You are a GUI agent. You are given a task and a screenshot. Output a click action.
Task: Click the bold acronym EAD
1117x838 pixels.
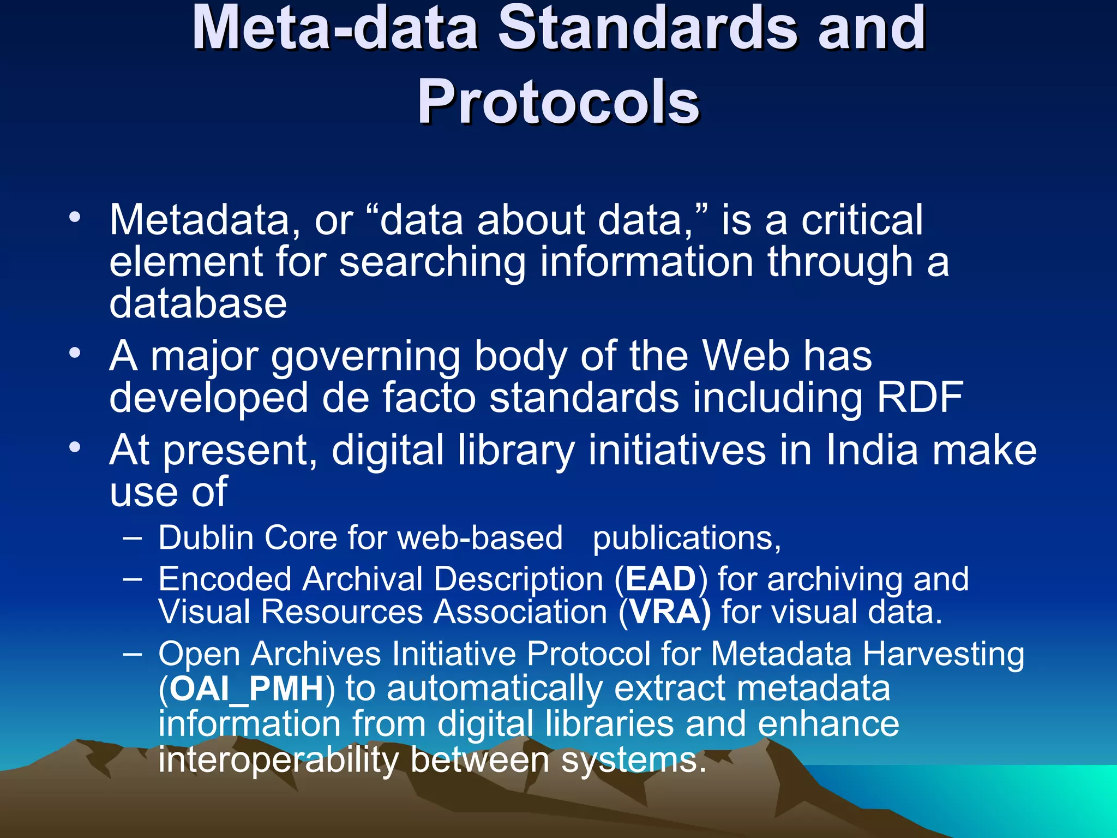click(661, 579)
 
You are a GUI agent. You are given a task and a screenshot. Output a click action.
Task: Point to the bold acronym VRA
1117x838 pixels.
click(665, 612)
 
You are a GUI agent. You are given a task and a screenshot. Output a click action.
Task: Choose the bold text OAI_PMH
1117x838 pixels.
click(247, 689)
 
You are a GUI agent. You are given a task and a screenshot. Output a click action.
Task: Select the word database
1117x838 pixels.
click(198, 303)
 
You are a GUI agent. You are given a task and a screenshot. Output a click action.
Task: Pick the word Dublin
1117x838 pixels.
click(206, 538)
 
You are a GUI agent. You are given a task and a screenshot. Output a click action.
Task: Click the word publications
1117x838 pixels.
click(686, 539)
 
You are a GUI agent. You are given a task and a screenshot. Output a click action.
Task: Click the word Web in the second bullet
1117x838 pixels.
click(746, 356)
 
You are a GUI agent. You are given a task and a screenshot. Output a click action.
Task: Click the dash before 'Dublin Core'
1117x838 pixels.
click(133, 538)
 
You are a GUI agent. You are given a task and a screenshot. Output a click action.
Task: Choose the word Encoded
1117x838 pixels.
click(225, 579)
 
